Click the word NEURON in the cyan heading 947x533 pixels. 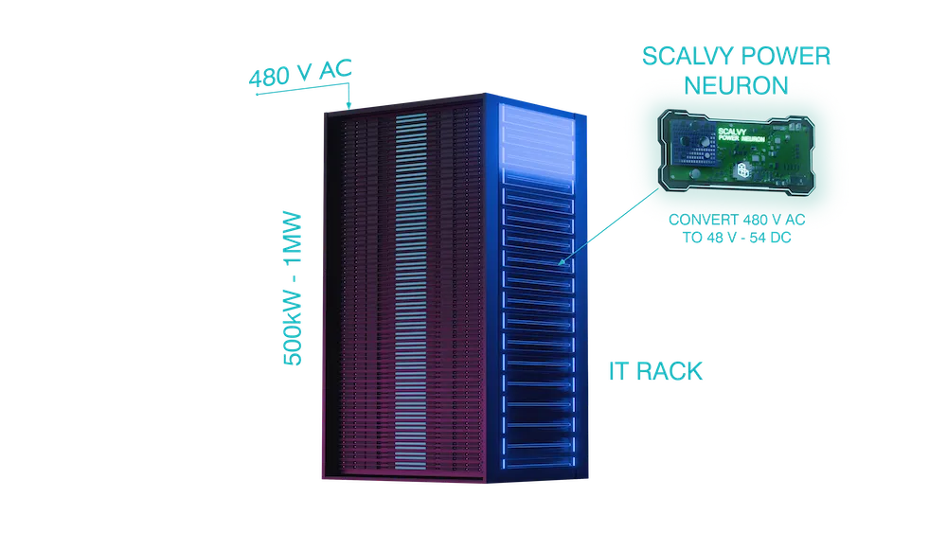pyautogui.click(x=736, y=85)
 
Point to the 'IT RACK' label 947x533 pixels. pyautogui.click(x=655, y=370)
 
